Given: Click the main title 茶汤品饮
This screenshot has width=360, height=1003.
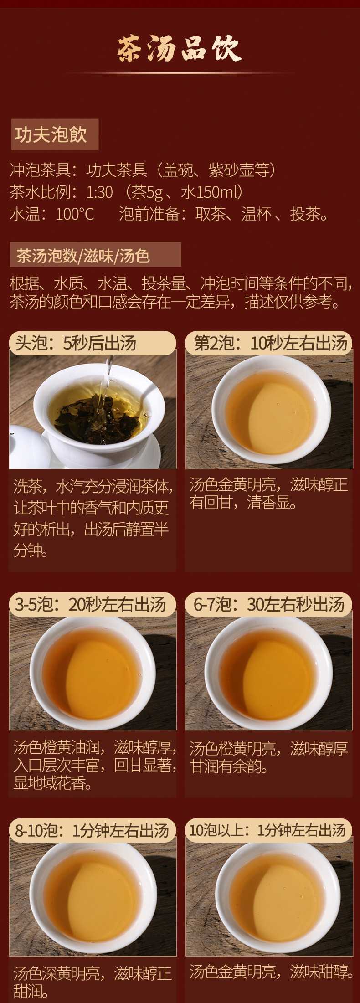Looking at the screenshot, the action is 180,49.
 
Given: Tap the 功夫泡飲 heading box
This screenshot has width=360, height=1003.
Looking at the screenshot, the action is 55,134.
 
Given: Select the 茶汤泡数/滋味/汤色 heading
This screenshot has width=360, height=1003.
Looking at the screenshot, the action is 95,255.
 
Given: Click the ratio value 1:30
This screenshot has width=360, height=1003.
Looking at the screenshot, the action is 99,192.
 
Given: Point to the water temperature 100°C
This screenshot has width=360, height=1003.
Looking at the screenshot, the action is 75,214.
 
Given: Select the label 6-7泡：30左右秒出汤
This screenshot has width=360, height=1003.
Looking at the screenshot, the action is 269,604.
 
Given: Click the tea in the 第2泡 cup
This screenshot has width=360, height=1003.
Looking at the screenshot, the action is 271,413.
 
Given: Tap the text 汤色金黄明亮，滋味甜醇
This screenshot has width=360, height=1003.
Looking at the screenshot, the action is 272,971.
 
